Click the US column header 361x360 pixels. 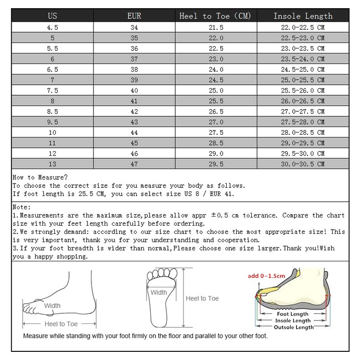pyautogui.click(x=52, y=16)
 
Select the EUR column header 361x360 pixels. pyautogui.click(x=134, y=16)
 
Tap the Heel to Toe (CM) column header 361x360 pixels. pyautogui.click(x=215, y=16)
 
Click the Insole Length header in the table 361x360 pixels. pyautogui.click(x=303, y=16)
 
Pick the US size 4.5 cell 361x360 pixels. pyautogui.click(x=52, y=27)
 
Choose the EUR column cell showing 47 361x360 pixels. pyautogui.click(x=134, y=164)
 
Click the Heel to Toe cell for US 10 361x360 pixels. pyautogui.click(x=215, y=132)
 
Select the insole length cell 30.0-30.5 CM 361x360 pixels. pyautogui.click(x=303, y=164)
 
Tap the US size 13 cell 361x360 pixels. pyautogui.click(x=52, y=164)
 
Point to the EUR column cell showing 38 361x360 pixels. pyautogui.click(x=134, y=69)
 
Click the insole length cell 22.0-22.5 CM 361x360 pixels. pyautogui.click(x=303, y=27)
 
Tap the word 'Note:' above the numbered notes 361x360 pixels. pyautogui.click(x=22, y=207)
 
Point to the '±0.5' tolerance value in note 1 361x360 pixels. pyautogui.click(x=215, y=215)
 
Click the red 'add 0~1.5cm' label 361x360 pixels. pyautogui.click(x=266, y=276)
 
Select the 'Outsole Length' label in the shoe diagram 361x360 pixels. pyautogui.click(x=293, y=327)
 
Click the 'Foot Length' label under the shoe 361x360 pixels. pyautogui.click(x=293, y=314)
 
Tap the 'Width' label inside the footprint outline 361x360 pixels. pyautogui.click(x=159, y=292)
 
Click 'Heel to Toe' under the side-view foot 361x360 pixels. pyautogui.click(x=61, y=324)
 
